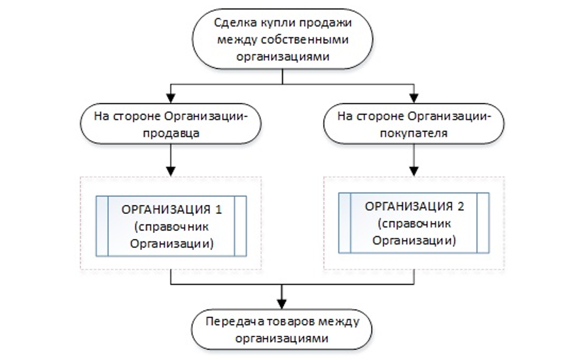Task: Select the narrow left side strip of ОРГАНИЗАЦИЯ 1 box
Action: coord(101,226)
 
